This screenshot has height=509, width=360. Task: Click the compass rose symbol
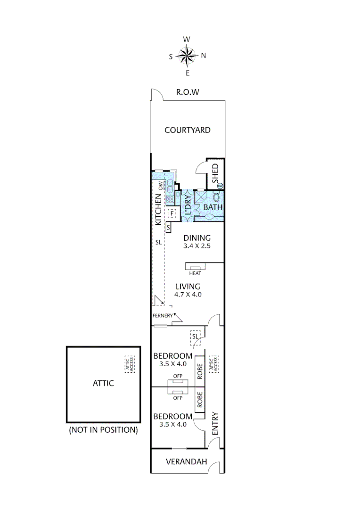click(x=187, y=56)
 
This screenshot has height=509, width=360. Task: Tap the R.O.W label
click(x=188, y=92)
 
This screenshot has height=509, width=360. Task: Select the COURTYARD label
click(x=187, y=130)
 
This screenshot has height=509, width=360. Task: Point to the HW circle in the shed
click(x=220, y=186)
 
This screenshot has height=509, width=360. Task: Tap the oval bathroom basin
click(x=209, y=216)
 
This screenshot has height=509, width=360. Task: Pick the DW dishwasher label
click(x=160, y=186)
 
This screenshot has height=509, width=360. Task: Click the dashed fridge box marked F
click(x=172, y=213)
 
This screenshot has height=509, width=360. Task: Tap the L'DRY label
click(x=187, y=205)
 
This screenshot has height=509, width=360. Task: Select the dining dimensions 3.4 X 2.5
click(x=197, y=246)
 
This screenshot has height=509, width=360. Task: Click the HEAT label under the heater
click(x=195, y=273)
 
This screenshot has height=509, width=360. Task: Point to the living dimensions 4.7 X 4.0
click(x=188, y=295)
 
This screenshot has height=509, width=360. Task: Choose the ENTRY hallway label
click(x=215, y=424)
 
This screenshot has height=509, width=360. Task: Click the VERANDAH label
click(x=187, y=462)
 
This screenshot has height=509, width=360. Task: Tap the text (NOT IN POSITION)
click(x=103, y=430)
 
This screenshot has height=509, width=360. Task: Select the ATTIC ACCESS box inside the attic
click(x=129, y=364)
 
